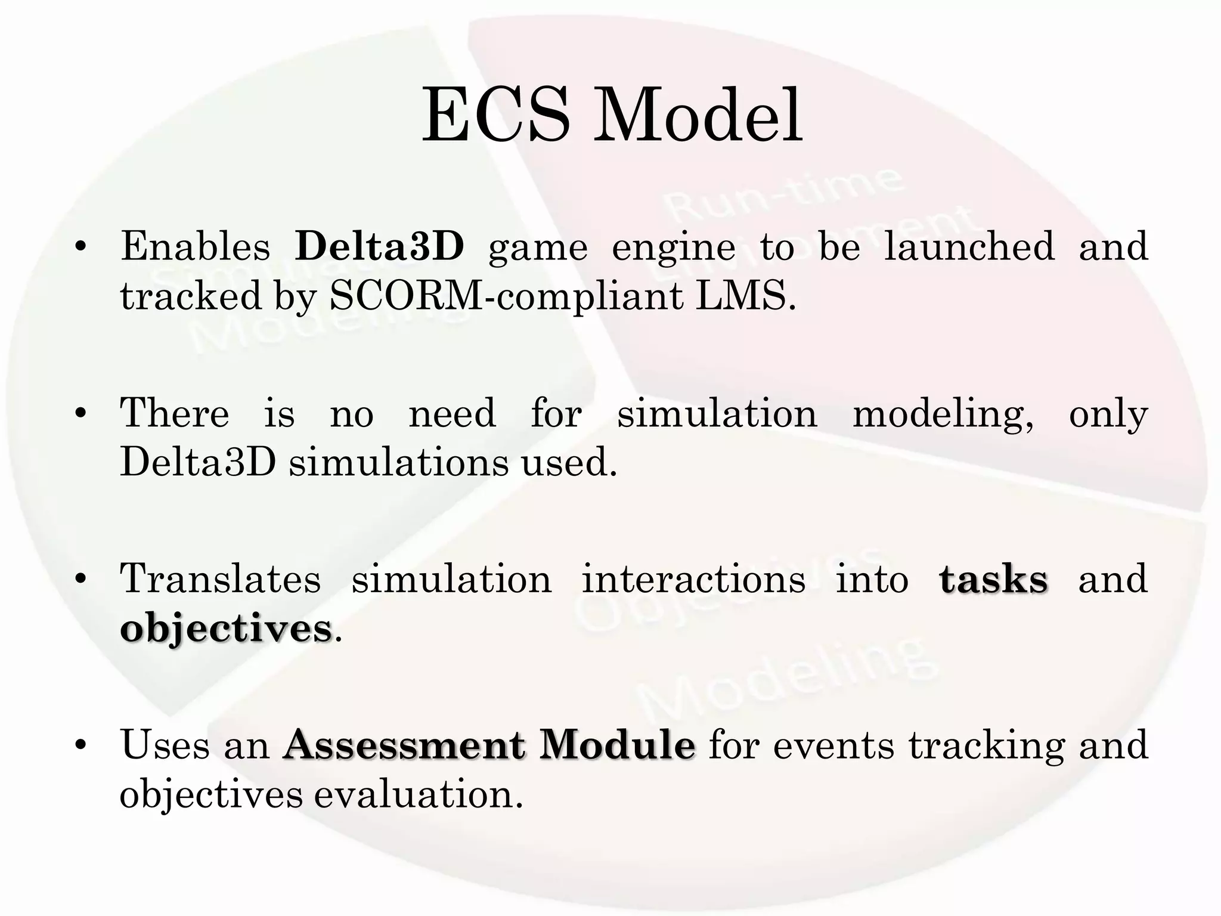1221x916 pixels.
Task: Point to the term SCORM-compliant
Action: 506,296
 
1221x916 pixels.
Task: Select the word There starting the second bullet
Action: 175,413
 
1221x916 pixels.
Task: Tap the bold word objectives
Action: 226,630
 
